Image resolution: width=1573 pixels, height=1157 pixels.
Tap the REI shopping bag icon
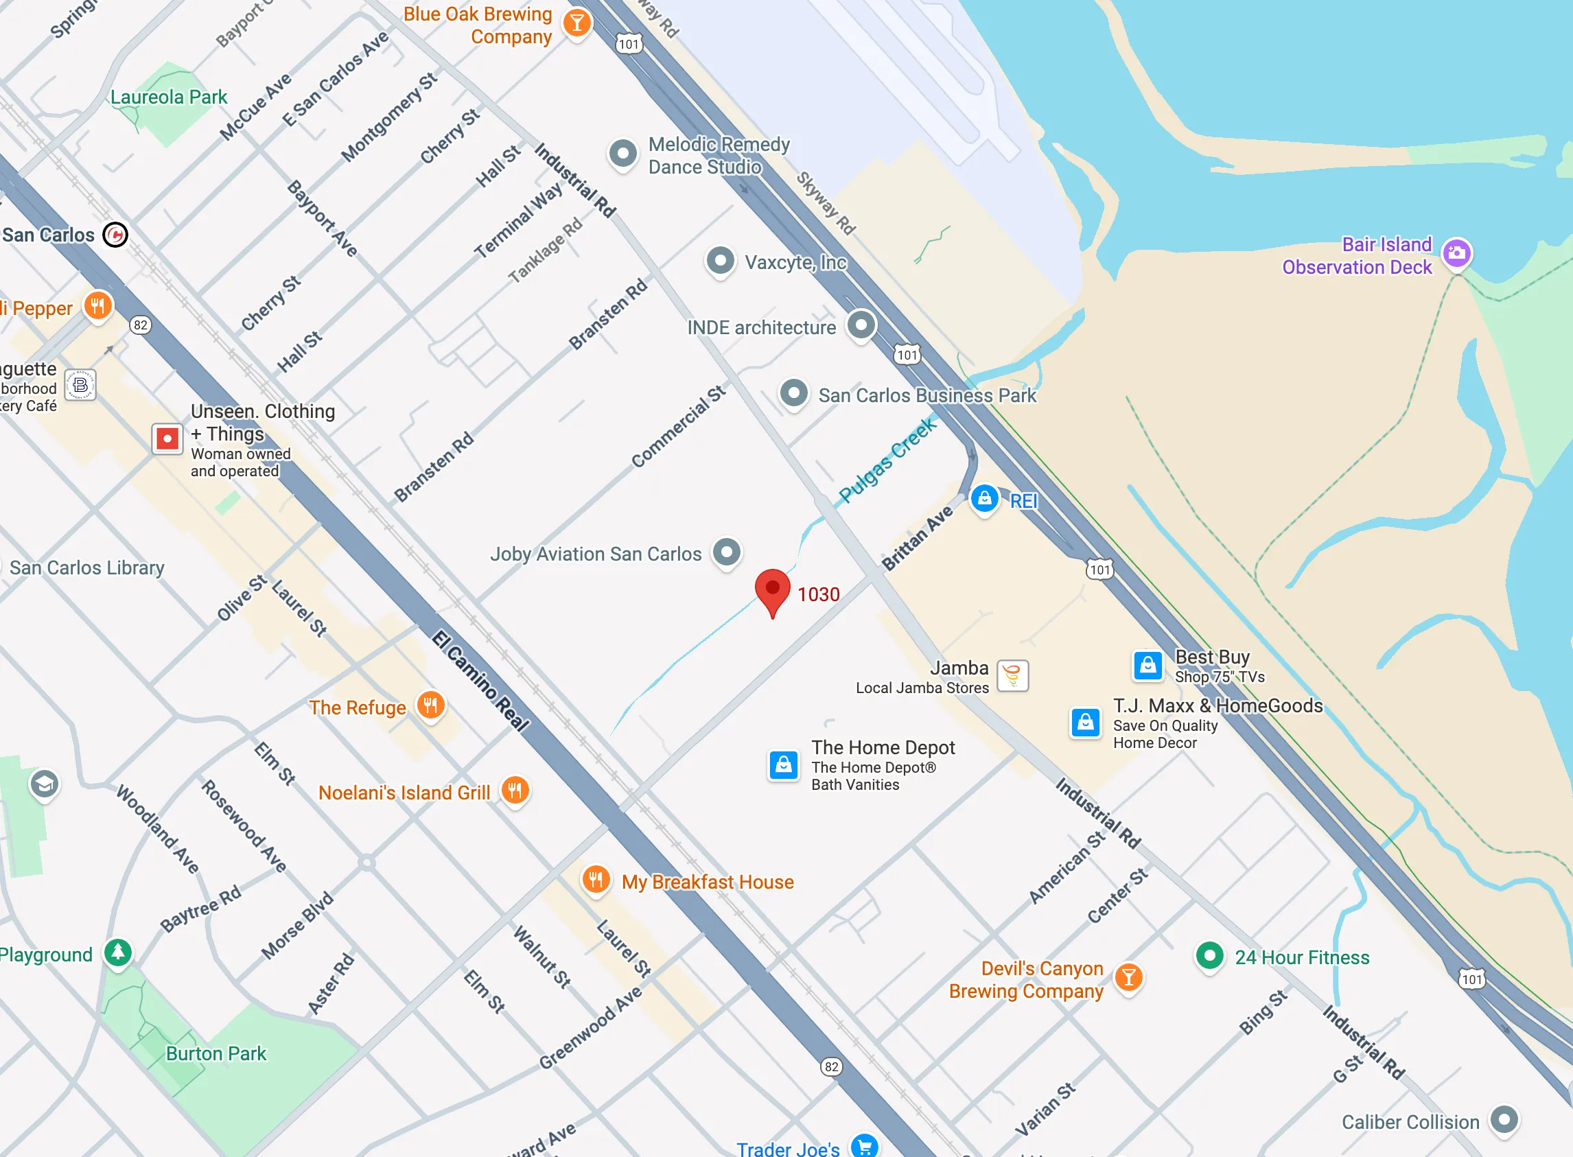point(984,499)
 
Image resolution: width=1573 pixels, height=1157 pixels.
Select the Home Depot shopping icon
point(783,764)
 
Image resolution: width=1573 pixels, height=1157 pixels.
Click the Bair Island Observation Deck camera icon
point(1457,253)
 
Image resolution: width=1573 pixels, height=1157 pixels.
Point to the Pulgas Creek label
point(887,460)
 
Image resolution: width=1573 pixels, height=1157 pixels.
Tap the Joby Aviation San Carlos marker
point(726,552)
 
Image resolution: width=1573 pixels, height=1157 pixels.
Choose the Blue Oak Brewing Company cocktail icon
point(576,23)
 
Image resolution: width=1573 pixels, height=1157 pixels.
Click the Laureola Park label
point(169,97)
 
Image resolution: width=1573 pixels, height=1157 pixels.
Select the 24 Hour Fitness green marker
point(1209,955)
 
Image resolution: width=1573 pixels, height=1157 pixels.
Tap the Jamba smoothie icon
point(1012,676)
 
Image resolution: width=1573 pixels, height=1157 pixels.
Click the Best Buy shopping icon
point(1148,666)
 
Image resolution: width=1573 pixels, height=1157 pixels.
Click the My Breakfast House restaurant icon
point(595,879)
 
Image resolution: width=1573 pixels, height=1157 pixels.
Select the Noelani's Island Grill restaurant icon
point(515,791)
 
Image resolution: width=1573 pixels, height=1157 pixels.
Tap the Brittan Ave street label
point(917,537)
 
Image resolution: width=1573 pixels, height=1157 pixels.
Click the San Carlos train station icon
point(115,235)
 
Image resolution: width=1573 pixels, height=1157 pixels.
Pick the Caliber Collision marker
point(1504,1120)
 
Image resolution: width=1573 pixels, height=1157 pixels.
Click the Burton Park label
point(215,1053)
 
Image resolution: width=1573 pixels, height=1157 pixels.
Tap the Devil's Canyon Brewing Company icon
point(1128,977)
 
